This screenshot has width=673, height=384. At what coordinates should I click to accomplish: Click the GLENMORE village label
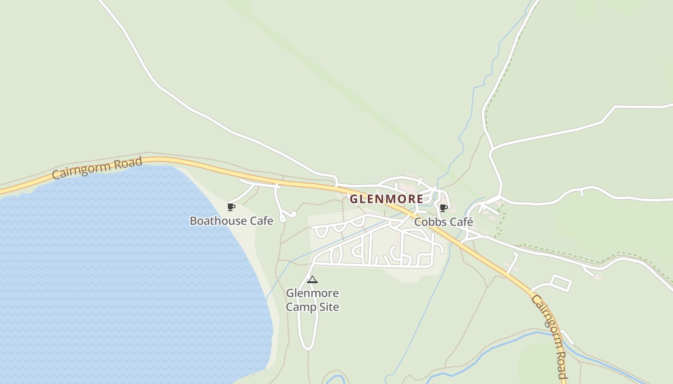386,199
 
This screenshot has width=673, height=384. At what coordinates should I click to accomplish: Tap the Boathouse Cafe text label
231,221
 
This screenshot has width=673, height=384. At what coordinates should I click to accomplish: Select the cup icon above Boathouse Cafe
231,207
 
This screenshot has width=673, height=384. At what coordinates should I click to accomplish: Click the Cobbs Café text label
444,222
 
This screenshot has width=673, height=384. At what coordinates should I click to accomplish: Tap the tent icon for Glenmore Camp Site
312,279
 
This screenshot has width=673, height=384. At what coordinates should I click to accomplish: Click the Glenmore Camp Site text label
312,300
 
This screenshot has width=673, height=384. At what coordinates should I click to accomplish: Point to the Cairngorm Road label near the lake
97,168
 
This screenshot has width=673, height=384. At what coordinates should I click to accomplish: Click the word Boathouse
218,221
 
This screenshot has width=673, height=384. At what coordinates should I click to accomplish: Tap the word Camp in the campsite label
299,307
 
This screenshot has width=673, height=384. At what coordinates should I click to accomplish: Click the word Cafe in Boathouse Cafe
261,221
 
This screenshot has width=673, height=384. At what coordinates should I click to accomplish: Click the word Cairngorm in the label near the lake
77,171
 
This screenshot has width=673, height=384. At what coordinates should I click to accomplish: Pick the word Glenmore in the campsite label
312,293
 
